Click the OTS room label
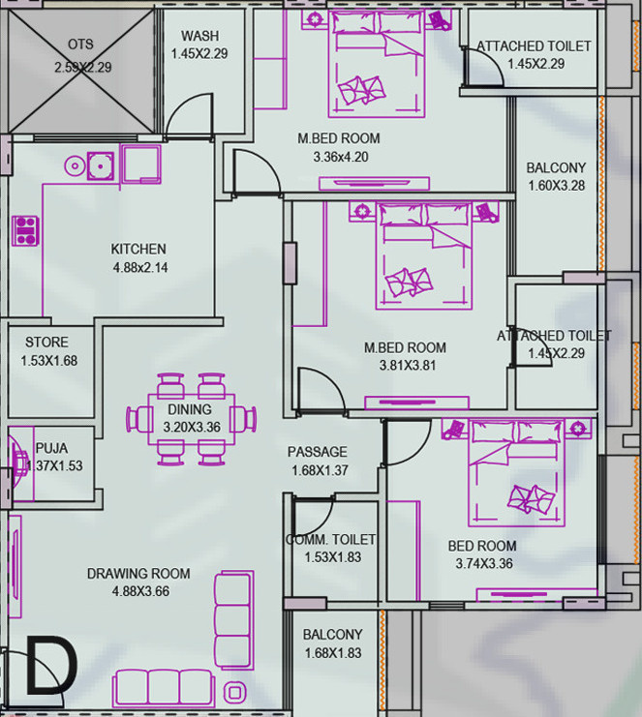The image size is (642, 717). click(80, 45)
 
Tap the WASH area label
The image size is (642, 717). click(199, 36)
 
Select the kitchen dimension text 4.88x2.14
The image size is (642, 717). click(139, 268)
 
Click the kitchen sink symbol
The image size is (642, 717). click(99, 165)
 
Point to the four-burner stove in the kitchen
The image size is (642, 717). click(25, 230)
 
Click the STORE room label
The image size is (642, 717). click(46, 342)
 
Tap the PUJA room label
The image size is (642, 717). click(51, 448)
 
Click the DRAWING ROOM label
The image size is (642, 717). click(138, 573)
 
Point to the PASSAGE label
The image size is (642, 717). click(317, 452)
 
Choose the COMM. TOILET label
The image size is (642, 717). click(330, 539)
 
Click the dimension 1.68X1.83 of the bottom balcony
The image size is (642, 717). click(332, 653)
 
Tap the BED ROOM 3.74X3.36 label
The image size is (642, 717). click(482, 546)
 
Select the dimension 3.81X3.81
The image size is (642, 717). click(405, 366)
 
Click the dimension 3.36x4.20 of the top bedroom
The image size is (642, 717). click(340, 156)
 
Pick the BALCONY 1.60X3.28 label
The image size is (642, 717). click(556, 167)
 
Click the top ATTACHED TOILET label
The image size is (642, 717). click(534, 45)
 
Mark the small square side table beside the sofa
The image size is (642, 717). click(233, 691)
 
